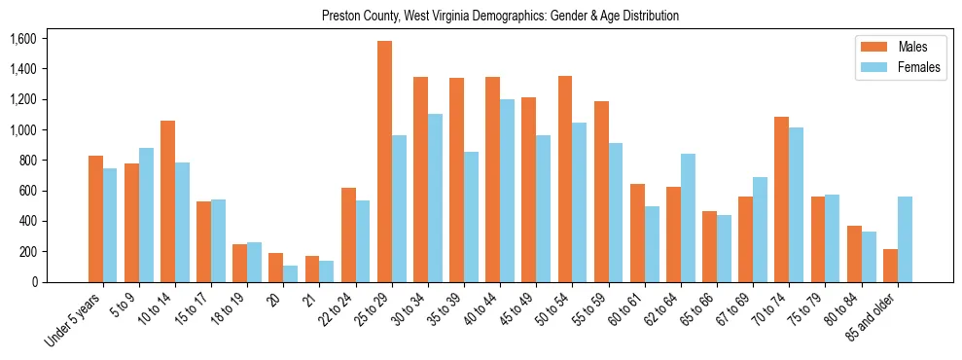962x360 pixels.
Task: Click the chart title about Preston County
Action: point(500,17)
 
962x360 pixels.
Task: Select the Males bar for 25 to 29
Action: point(384,162)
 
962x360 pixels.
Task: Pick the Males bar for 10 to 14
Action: point(167,201)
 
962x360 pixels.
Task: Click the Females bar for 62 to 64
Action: point(689,218)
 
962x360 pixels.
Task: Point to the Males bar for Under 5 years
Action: point(95,219)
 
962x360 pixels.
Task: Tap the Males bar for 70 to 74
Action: point(782,199)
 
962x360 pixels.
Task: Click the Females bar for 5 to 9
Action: point(147,215)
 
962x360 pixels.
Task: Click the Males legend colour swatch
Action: point(871,47)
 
